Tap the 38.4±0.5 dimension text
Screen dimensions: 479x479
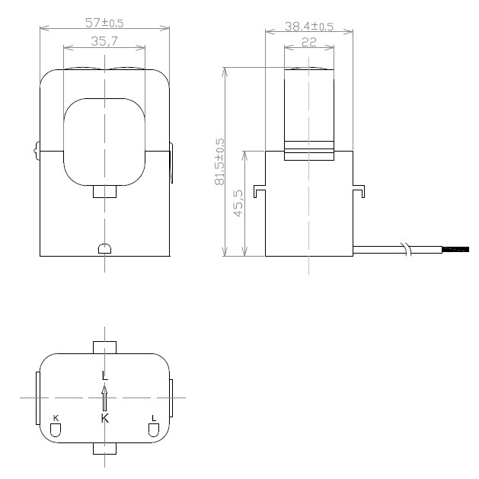coord(309,26)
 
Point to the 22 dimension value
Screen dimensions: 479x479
coord(308,43)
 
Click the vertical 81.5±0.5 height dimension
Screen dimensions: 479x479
coord(220,162)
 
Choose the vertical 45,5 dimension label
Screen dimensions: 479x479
coord(238,203)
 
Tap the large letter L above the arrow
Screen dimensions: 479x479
coord(104,375)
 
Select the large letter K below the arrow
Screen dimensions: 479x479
coord(104,418)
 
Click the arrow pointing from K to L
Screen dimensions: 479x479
coord(104,397)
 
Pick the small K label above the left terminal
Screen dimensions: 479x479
coord(56,418)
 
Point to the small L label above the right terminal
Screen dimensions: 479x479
coord(154,418)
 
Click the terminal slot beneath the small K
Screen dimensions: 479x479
coord(56,431)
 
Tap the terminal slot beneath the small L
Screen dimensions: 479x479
coord(154,431)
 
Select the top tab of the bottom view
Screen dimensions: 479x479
coord(104,347)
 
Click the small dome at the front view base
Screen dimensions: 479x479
coord(104,249)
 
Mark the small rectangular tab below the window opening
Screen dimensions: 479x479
coord(104,192)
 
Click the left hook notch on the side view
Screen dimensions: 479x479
coord(260,191)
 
